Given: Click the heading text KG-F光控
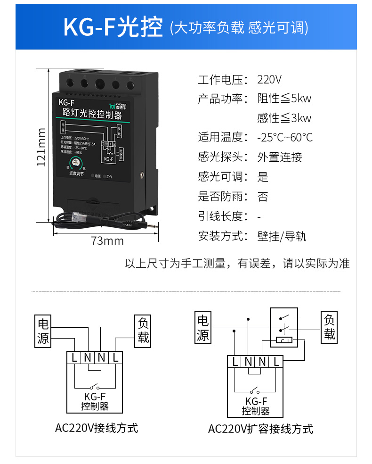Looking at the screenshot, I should pos(113,27).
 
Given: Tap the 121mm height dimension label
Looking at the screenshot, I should pos(41,147).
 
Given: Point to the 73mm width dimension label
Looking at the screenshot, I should pos(107,241).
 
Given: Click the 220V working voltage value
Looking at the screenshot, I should pos(269,79).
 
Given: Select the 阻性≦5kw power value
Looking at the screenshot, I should pos(284,99).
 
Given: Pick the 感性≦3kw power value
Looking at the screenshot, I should pos(284,118).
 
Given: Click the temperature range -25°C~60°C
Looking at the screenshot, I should pos(285,138).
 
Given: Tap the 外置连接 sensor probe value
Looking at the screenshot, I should pos(280,157).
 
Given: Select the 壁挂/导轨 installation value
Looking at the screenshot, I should pos(282,236).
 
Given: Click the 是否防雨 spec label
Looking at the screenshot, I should pos(222,196).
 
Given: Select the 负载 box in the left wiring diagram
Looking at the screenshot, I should pos(143,330).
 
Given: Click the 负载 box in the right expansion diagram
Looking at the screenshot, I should pos(329,327).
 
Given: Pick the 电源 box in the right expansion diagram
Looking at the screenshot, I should pos(202,328).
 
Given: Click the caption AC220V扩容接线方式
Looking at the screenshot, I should pos(260,429).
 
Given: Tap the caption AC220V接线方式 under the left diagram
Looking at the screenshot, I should pos(97,428).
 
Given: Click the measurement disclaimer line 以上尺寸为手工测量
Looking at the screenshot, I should pos(237,264).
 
